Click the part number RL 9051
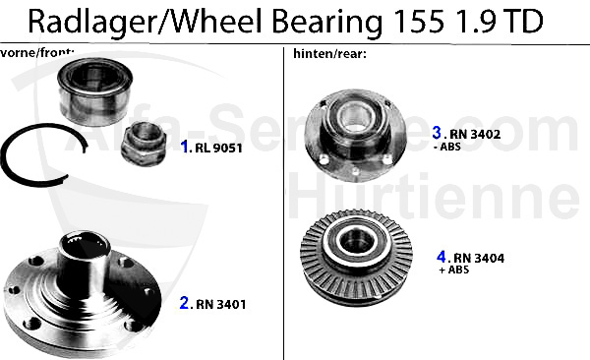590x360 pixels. [x=218, y=148]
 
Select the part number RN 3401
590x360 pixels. [x=221, y=304]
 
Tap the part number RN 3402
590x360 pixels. [x=475, y=134]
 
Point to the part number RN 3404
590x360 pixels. [x=479, y=258]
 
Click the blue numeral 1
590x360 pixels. [x=185, y=147]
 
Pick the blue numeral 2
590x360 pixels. [x=185, y=303]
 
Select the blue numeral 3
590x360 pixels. [x=437, y=133]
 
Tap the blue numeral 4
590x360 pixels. [x=441, y=257]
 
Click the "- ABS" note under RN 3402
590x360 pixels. [x=447, y=147]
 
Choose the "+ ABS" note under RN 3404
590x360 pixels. [x=453, y=270]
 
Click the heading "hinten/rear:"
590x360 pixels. [x=330, y=54]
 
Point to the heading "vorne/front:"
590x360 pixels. [x=37, y=52]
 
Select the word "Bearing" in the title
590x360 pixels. [x=326, y=23]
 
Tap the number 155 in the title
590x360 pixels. [x=419, y=22]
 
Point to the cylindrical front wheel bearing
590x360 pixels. [x=94, y=91]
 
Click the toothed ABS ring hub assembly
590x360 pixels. [x=356, y=258]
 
